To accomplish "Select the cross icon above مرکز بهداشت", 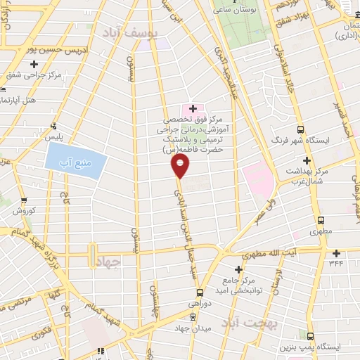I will [307, 160].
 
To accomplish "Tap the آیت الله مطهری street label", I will [281, 252].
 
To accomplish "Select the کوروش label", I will [24, 210].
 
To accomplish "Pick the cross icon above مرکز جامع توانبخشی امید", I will [239, 269].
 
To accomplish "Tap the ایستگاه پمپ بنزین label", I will [325, 347].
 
